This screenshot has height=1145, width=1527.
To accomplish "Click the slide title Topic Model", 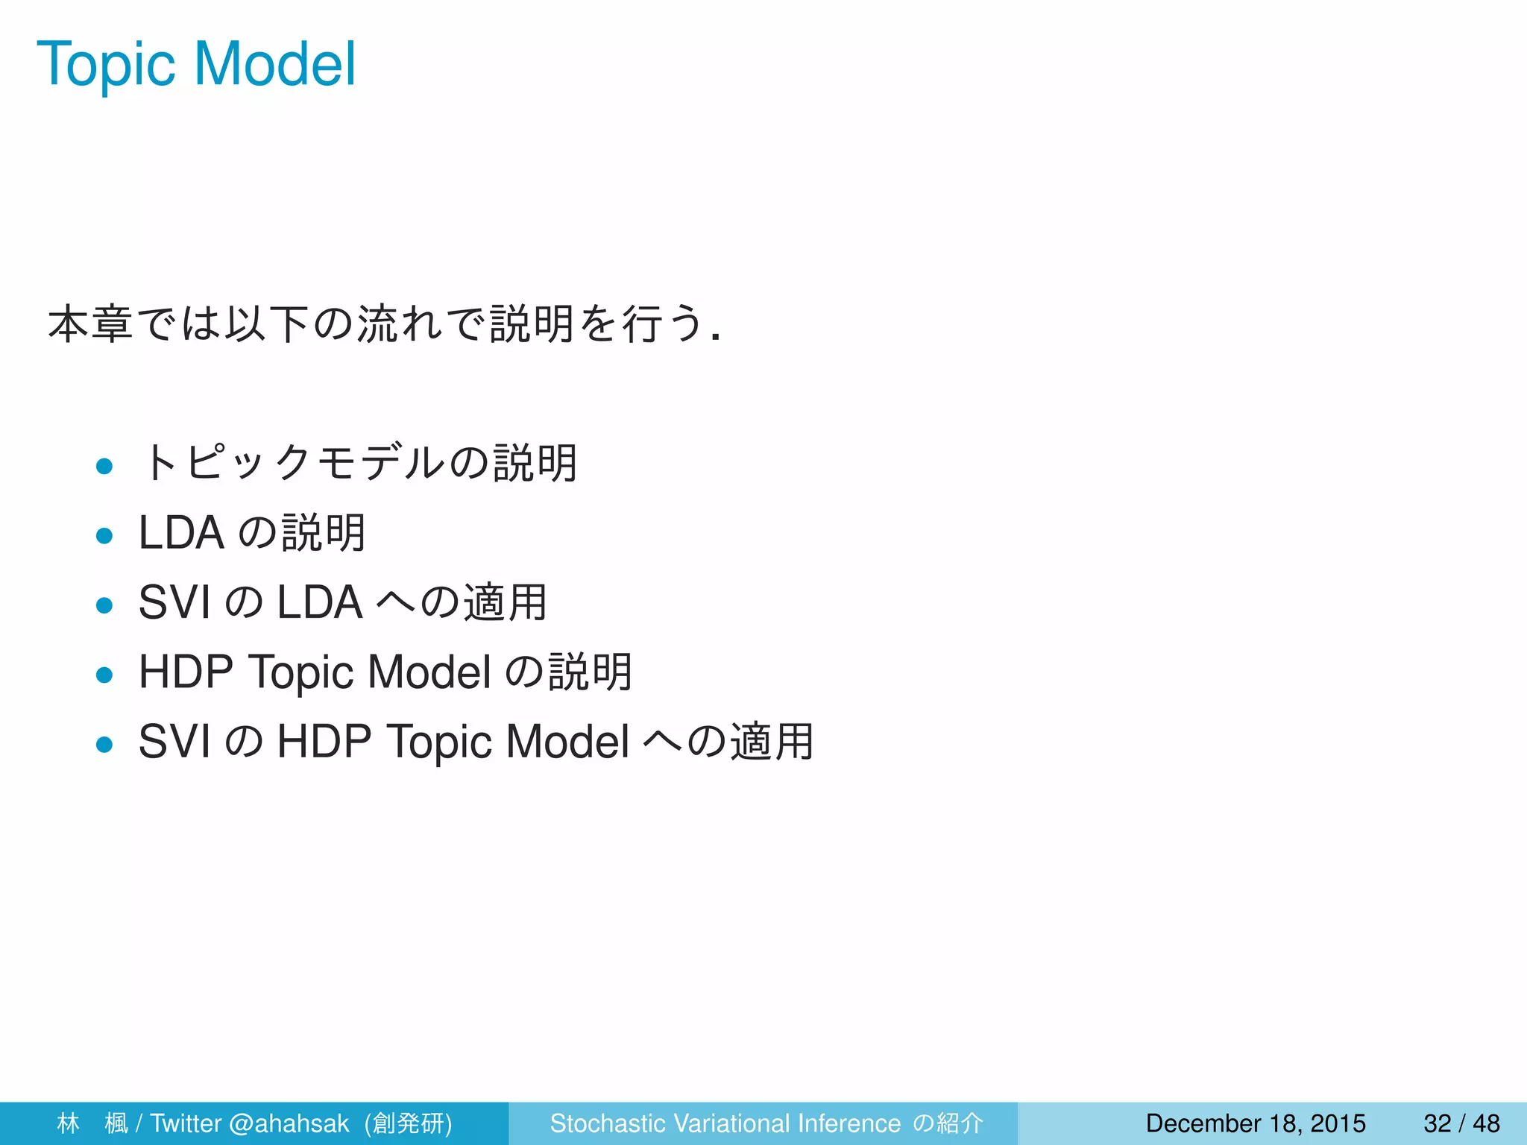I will [196, 65].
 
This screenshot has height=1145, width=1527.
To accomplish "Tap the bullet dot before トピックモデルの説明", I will [104, 467].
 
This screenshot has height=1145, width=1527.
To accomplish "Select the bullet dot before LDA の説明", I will [104, 536].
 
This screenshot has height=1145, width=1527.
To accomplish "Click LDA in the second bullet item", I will [181, 533].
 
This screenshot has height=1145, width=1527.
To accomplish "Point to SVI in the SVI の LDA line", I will [174, 602].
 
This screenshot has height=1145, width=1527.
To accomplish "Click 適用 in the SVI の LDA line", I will [506, 602].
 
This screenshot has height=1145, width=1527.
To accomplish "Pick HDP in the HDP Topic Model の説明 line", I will [186, 672].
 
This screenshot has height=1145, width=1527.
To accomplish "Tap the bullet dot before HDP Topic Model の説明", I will [104, 675].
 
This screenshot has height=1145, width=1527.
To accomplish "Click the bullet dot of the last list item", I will [104, 744].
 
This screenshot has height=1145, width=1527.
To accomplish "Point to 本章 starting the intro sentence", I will [90, 324].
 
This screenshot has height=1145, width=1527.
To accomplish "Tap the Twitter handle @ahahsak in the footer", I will [289, 1123].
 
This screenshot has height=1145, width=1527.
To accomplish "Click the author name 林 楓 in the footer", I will [92, 1123].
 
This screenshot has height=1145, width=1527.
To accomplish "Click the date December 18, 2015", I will [1255, 1123].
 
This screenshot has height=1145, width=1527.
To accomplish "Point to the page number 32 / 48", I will [1461, 1123].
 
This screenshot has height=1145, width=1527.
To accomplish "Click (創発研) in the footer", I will [409, 1123].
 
